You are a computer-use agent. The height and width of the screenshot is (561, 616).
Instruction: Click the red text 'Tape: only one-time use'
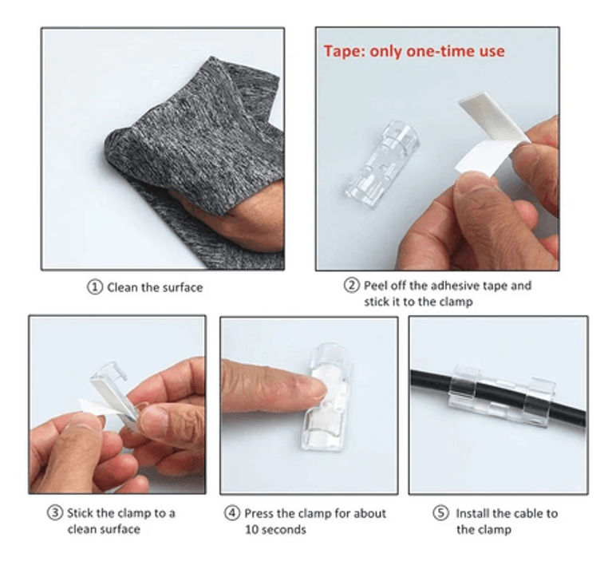[x=414, y=51]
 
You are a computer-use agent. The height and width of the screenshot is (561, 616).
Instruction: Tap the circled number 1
[x=94, y=287]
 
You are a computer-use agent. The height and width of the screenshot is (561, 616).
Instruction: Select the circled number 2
[x=352, y=285]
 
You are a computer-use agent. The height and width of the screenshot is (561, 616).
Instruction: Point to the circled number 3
[x=55, y=512]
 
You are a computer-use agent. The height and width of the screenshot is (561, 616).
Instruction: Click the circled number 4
[x=232, y=512]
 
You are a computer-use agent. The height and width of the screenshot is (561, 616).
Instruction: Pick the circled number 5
[x=440, y=512]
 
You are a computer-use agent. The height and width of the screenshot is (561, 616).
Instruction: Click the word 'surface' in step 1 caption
[x=183, y=287]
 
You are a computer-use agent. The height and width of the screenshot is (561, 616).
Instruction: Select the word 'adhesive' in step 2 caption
[x=455, y=285]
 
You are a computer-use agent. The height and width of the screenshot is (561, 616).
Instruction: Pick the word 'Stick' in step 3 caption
[x=80, y=513]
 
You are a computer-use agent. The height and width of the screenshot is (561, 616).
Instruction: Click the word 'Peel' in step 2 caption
[x=376, y=285]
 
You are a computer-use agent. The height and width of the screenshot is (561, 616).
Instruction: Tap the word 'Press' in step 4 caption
[x=259, y=513]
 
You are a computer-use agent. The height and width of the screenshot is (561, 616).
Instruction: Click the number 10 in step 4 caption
[x=251, y=529]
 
